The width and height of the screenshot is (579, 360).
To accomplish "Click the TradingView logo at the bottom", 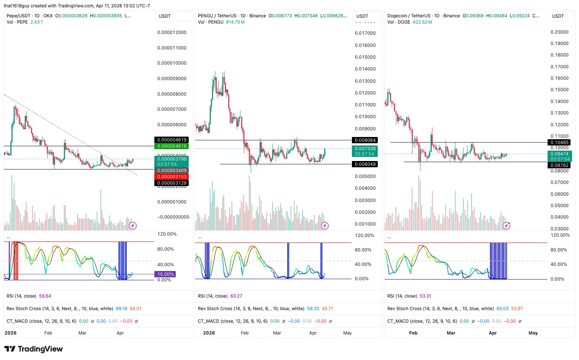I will pyautogui.click(x=34, y=349).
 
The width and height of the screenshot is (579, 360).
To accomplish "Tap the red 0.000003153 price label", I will pyautogui.click(x=171, y=177).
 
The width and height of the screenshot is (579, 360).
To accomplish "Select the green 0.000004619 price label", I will pyautogui.click(x=171, y=146).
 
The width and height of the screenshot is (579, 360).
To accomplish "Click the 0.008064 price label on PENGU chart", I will pyautogui.click(x=365, y=140).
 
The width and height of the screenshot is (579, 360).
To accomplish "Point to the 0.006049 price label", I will pyautogui.click(x=365, y=164).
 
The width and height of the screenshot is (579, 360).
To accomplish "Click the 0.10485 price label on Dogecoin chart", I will pyautogui.click(x=559, y=143).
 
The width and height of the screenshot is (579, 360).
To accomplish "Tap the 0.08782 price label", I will pyautogui.click(x=559, y=165).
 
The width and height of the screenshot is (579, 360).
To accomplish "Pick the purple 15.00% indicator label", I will pyautogui.click(x=165, y=274).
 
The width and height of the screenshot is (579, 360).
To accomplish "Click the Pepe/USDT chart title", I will pyautogui.click(x=18, y=16).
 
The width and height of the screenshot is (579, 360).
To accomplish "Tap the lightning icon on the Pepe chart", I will pyautogui.click(x=133, y=226).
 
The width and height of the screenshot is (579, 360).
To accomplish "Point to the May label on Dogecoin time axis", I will pyautogui.click(x=533, y=333).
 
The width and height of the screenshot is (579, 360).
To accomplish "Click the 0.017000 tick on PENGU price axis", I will pyautogui.click(x=365, y=33).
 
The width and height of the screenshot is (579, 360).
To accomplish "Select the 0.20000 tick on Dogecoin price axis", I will pyautogui.click(x=559, y=32).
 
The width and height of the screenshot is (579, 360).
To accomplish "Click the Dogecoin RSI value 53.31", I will pyautogui.click(x=425, y=296).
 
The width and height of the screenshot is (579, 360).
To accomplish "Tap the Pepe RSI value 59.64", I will pyautogui.click(x=45, y=296).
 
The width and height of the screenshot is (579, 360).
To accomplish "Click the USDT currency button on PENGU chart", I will pyautogui.click(x=362, y=16).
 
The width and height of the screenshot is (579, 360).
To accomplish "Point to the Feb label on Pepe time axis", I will pyautogui.click(x=48, y=333).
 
